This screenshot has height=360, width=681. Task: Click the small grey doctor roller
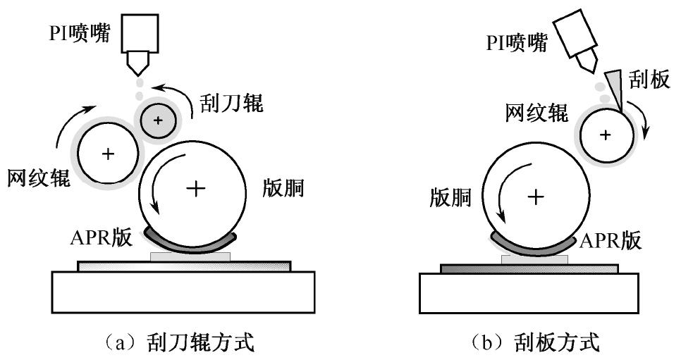click(x=158, y=120)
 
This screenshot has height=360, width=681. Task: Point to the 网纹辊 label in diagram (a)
click(x=39, y=178)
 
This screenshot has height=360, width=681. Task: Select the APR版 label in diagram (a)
click(x=100, y=237)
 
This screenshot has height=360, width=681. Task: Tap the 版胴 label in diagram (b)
click(x=451, y=199)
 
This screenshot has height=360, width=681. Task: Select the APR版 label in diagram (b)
click(x=611, y=240)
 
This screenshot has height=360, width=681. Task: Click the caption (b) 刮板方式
click(x=536, y=343)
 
